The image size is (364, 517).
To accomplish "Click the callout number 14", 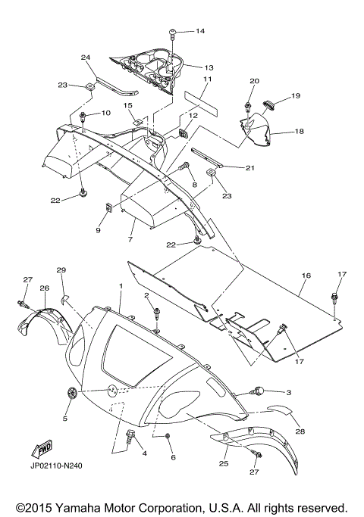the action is (200, 31).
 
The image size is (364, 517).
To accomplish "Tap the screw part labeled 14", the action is (172, 34).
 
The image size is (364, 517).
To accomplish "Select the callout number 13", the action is (209, 67).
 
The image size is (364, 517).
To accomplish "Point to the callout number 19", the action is (296, 95).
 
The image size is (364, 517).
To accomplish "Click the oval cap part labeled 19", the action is (269, 105).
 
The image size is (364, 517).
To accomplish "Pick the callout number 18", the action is (300, 131).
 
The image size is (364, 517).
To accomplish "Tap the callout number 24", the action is (86, 58).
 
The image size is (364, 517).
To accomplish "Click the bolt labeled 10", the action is (83, 117).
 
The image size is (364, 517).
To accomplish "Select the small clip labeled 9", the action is (108, 207).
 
